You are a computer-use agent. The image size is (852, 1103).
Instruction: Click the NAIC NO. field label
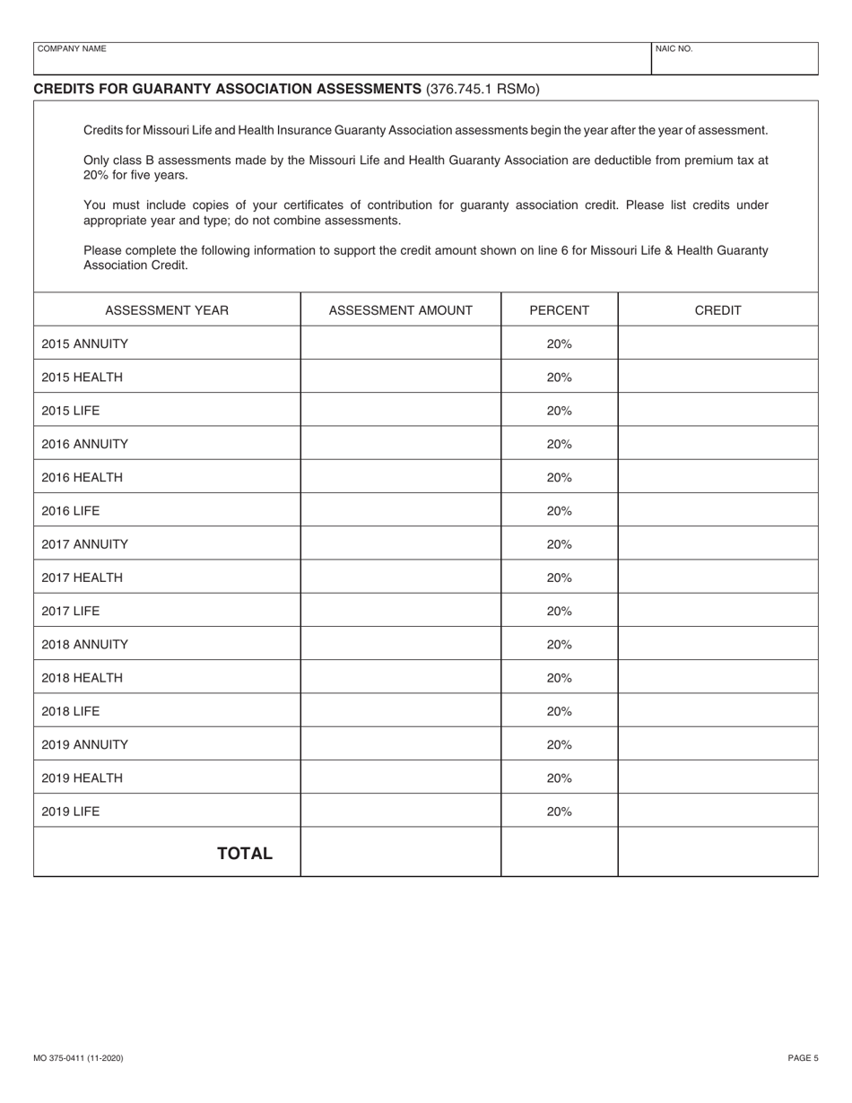[674, 49]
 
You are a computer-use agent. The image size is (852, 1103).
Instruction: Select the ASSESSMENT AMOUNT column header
[400, 310]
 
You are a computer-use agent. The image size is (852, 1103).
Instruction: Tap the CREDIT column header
[717, 310]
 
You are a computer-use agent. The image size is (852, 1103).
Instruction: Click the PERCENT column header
[559, 310]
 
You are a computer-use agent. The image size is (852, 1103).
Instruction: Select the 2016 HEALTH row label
[82, 477]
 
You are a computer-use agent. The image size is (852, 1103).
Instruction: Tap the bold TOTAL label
[245, 853]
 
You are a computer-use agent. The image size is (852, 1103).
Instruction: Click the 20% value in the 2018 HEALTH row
[559, 678]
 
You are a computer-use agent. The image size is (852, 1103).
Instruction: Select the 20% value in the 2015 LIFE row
[559, 411]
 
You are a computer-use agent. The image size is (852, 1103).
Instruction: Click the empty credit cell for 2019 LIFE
[717, 812]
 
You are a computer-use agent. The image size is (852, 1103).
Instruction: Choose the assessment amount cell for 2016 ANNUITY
[400, 444]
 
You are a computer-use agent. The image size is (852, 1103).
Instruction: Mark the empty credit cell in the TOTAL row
[717, 852]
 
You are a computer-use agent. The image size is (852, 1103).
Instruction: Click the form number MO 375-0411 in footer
[78, 1058]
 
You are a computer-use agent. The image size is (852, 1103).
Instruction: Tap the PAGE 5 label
[803, 1058]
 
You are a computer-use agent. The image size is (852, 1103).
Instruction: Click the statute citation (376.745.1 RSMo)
[483, 89]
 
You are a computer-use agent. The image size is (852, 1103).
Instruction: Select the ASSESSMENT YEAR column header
[167, 310]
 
